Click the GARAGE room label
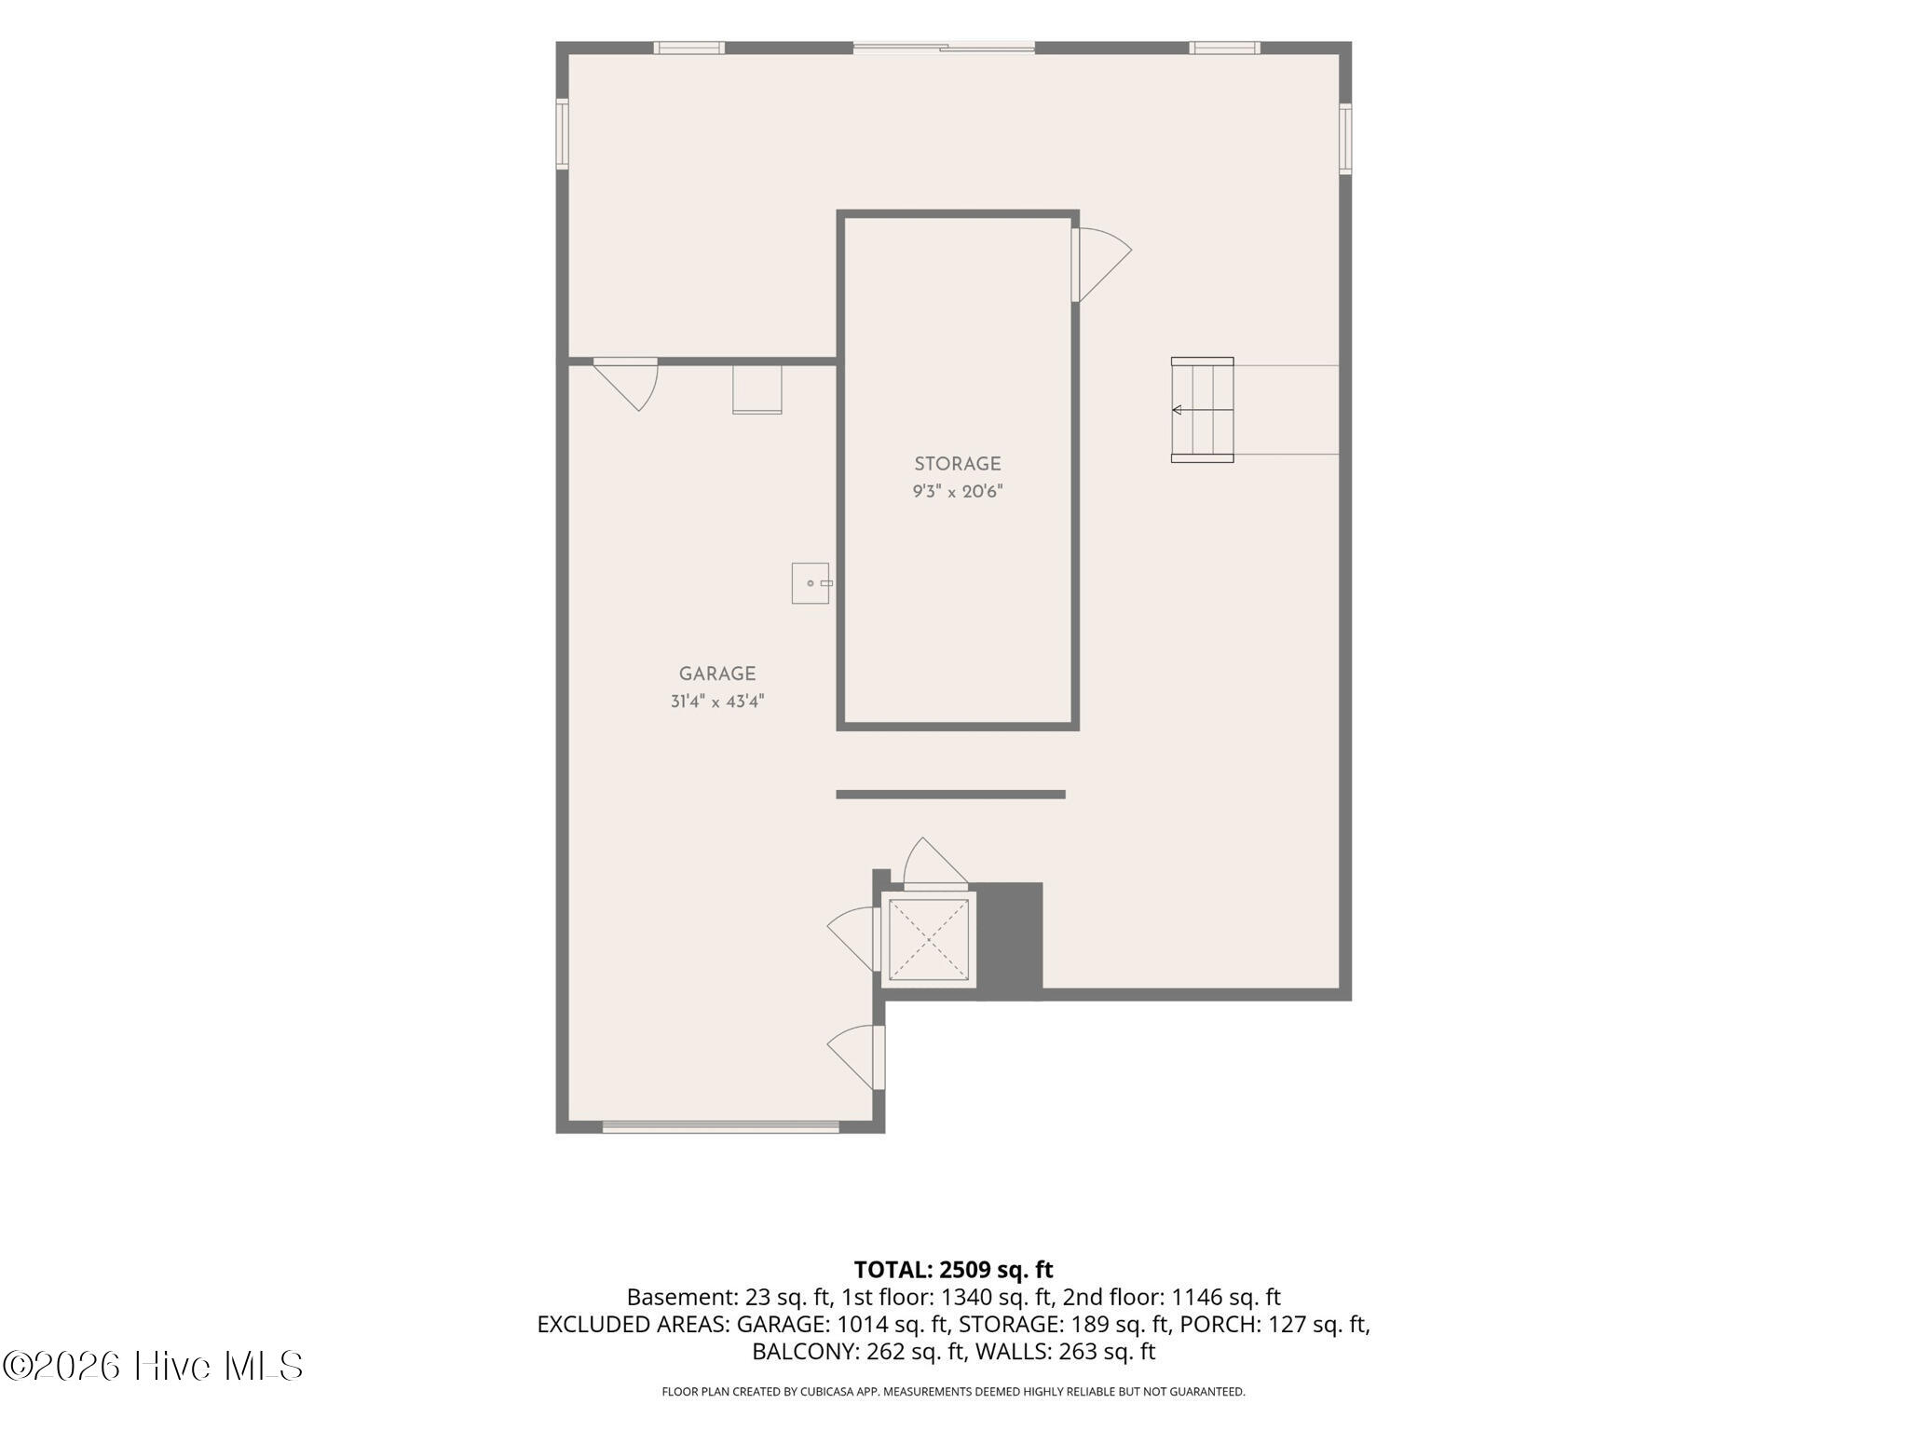coord(716,674)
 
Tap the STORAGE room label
coord(957,464)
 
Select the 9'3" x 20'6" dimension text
coord(957,491)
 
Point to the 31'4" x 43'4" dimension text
coord(716,701)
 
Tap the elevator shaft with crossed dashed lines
coord(929,939)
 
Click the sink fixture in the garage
coord(811,583)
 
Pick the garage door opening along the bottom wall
coord(720,1127)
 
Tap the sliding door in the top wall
coord(944,47)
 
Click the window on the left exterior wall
coord(562,134)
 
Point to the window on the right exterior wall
coord(1345,139)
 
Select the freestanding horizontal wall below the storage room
coord(950,795)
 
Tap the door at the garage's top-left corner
coord(626,383)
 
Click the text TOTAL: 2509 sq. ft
coord(953,1269)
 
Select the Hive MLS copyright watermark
coord(153,1366)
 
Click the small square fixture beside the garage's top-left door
coord(756,389)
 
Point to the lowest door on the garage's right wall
coord(855,1057)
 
